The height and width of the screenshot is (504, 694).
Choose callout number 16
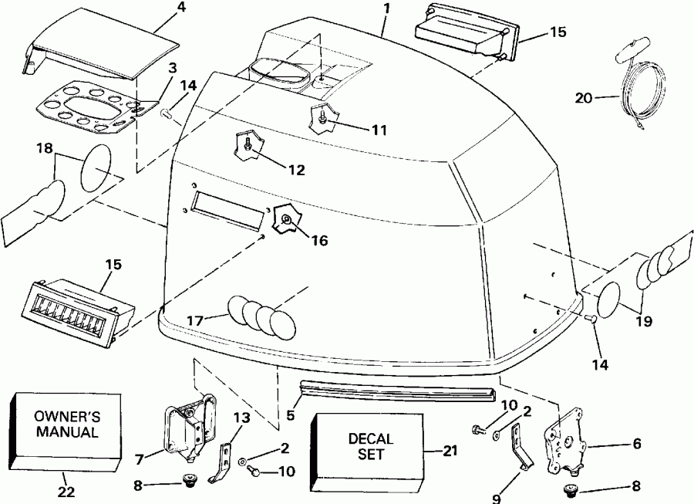click(x=318, y=241)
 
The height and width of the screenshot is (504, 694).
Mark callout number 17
click(x=196, y=317)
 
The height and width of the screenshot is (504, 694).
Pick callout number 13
click(x=242, y=418)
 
